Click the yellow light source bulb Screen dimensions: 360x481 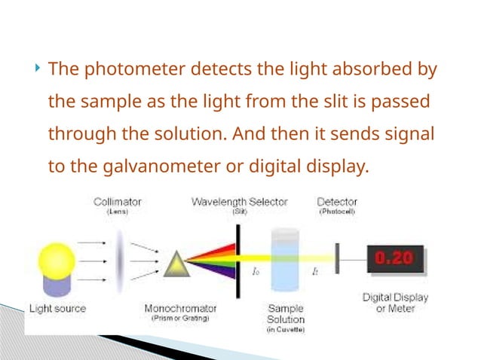coord(54,261)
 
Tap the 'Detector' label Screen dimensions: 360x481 coord(336,201)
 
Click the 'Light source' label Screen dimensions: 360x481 coord(57,308)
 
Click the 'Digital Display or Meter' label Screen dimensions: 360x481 coord(395,303)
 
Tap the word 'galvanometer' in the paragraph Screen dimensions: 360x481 coord(160,166)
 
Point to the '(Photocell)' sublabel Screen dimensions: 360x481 coord(336,212)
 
